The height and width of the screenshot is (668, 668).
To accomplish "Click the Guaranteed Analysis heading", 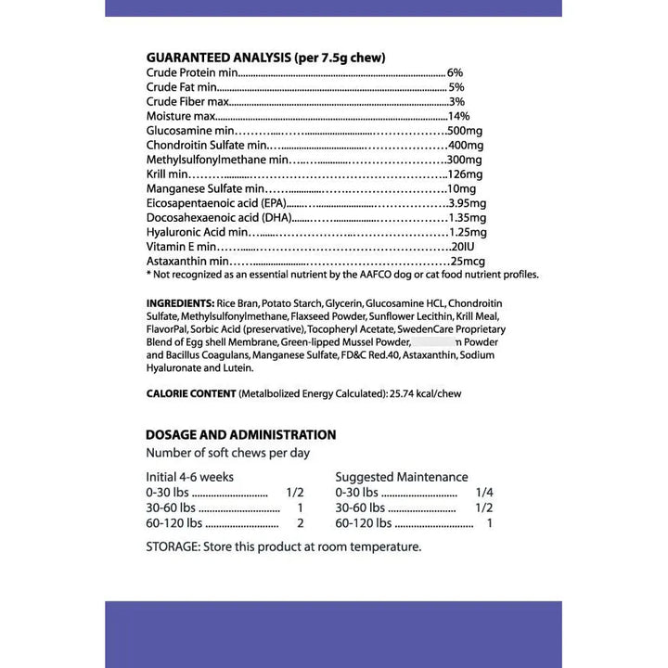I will (265, 58).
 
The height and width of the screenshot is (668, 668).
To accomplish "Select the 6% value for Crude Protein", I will (455, 72).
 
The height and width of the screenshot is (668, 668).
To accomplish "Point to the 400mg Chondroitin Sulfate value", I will (465, 146).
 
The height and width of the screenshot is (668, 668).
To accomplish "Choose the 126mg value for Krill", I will (465, 174).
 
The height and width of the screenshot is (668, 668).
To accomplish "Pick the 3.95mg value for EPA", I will (468, 203).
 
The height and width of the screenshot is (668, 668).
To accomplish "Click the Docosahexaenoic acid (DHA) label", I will (219, 217).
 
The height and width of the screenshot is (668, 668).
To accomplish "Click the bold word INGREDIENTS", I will (180, 303).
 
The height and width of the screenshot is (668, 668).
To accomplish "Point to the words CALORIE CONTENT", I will (190, 393).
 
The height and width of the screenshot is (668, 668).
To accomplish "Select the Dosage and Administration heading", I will (240, 434).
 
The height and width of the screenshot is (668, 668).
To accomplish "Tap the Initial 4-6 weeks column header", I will (189, 477).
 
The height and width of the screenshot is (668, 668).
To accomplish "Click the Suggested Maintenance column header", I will (402, 477).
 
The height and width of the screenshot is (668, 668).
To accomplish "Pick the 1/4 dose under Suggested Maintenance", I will (483, 493).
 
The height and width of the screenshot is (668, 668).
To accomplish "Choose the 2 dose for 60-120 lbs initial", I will (300, 523).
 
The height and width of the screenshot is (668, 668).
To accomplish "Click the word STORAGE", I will (171, 546).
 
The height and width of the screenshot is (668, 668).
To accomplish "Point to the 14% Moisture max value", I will (458, 116).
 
